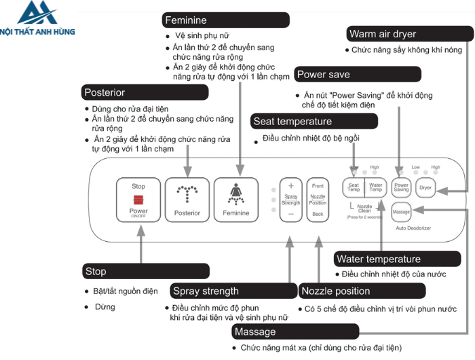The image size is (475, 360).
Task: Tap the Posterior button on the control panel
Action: click(187, 199)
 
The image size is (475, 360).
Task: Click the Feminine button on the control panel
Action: click(236, 199)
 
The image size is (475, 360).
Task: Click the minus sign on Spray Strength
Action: click(290, 214)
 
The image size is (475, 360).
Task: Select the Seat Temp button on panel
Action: click(354, 187)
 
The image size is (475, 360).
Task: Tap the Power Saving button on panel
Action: click(401, 187)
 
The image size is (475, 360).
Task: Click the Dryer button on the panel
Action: click(425, 187)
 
